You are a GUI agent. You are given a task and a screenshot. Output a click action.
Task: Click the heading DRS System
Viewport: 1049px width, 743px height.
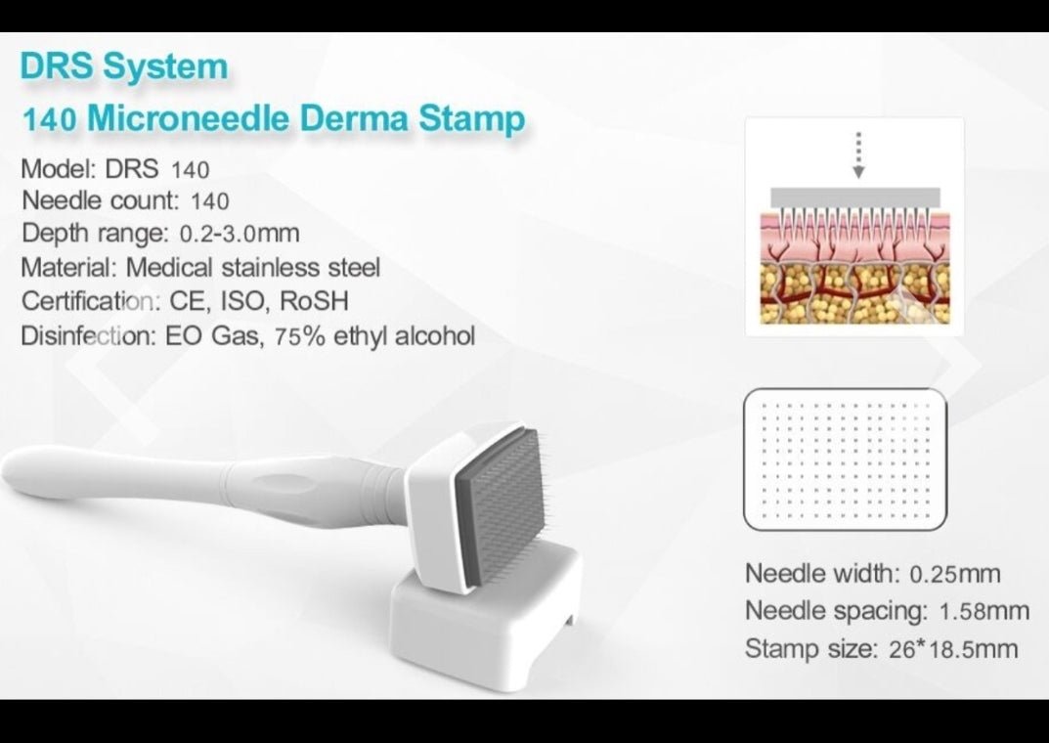pos(124,66)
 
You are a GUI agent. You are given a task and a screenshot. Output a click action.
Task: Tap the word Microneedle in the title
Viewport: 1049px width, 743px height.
pos(189,117)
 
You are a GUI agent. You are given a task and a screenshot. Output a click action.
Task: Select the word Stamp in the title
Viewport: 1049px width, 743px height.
pos(471,119)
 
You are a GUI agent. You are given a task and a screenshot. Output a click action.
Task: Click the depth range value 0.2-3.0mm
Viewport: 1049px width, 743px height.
pos(240,234)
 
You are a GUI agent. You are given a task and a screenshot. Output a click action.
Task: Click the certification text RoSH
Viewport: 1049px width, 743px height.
pos(314,301)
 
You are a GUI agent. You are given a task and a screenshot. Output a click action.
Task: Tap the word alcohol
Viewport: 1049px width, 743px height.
pos(435,335)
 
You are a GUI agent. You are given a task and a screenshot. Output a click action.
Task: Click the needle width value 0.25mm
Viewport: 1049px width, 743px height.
pos(955,574)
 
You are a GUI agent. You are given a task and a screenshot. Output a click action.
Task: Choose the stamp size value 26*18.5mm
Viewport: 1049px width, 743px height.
pos(953,649)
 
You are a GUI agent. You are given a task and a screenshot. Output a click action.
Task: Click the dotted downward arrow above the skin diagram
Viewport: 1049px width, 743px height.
pos(859,155)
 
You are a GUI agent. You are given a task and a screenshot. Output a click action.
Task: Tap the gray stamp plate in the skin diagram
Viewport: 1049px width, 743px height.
pos(855,197)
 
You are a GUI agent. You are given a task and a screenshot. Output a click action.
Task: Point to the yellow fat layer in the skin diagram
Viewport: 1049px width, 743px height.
pos(854,294)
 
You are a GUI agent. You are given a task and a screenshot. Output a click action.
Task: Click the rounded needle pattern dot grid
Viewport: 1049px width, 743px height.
pos(846,459)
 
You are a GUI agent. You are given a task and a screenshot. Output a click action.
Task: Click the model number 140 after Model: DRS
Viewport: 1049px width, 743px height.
pos(190,170)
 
